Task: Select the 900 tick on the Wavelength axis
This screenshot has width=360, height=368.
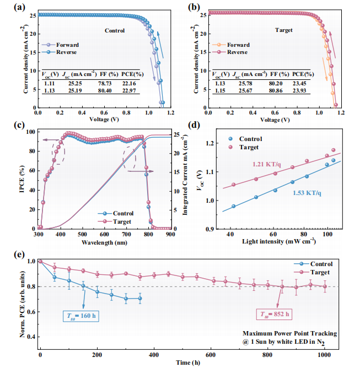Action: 170,234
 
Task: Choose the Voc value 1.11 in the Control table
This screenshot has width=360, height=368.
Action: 50,83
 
